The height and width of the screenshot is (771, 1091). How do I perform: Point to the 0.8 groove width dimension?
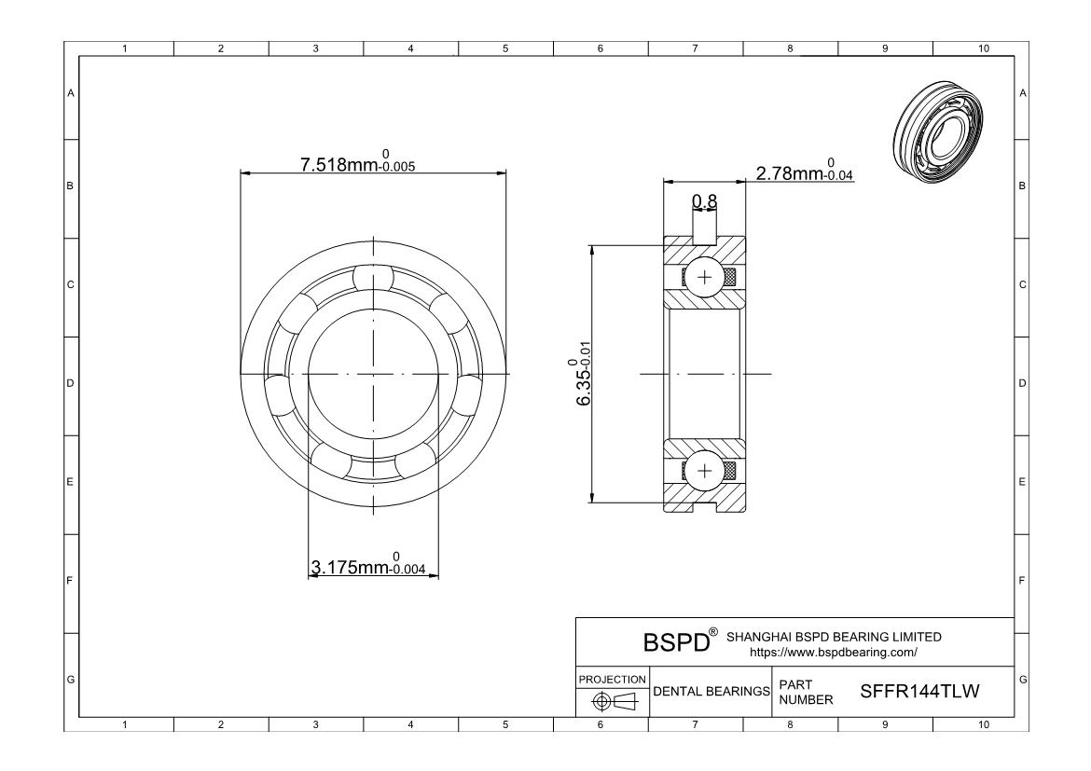[704, 201]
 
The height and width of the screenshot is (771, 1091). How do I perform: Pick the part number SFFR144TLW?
[919, 691]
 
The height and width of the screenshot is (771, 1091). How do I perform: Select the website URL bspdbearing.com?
[833, 653]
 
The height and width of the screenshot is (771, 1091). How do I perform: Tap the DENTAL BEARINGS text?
[711, 692]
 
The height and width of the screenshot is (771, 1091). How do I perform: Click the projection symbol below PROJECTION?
[615, 702]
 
